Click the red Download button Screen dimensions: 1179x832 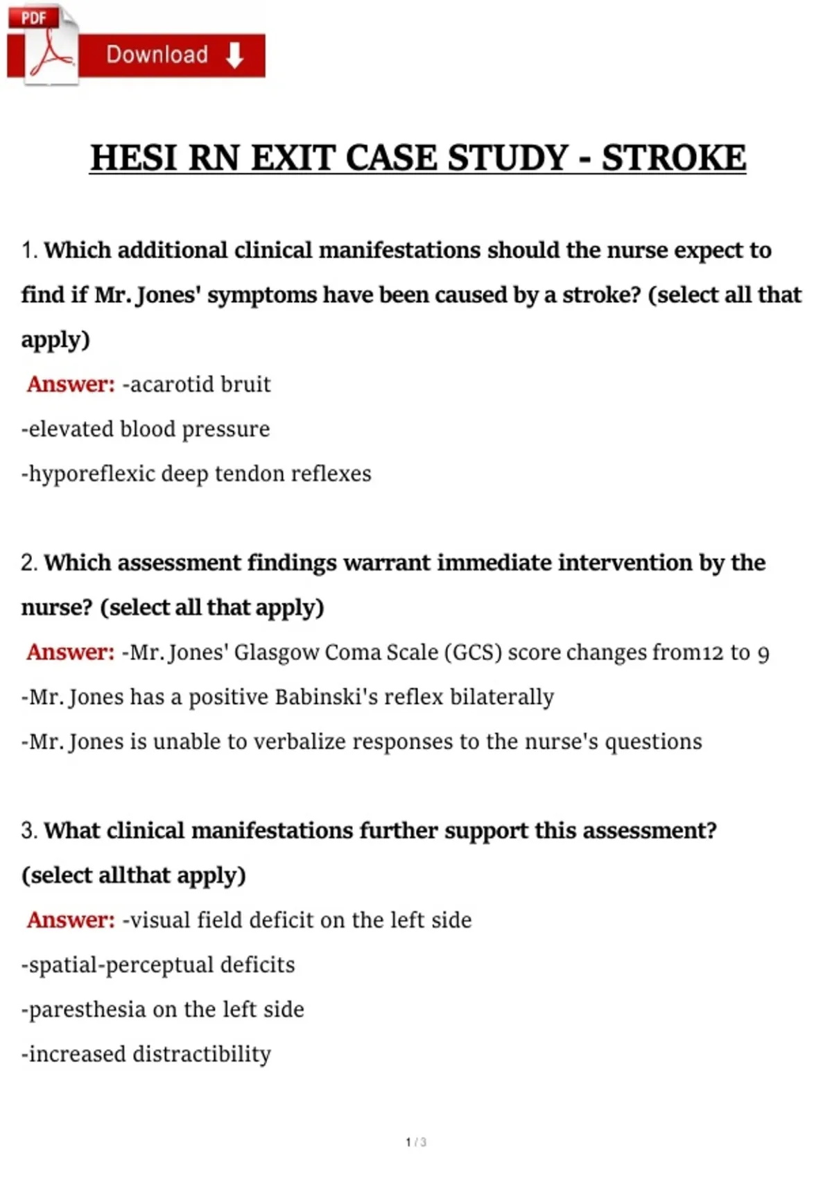point(170,55)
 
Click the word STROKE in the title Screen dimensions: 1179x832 point(673,158)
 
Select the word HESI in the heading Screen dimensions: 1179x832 point(134,158)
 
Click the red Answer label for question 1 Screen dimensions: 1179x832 point(71,384)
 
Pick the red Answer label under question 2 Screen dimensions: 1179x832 point(71,652)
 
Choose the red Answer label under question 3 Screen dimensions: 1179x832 point(71,920)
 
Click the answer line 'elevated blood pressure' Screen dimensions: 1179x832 point(146,429)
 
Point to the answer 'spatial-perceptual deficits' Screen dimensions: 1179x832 point(158,965)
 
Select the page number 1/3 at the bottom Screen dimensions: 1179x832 point(416,1142)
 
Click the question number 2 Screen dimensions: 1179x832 point(28,563)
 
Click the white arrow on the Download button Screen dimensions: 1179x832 point(235,55)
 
